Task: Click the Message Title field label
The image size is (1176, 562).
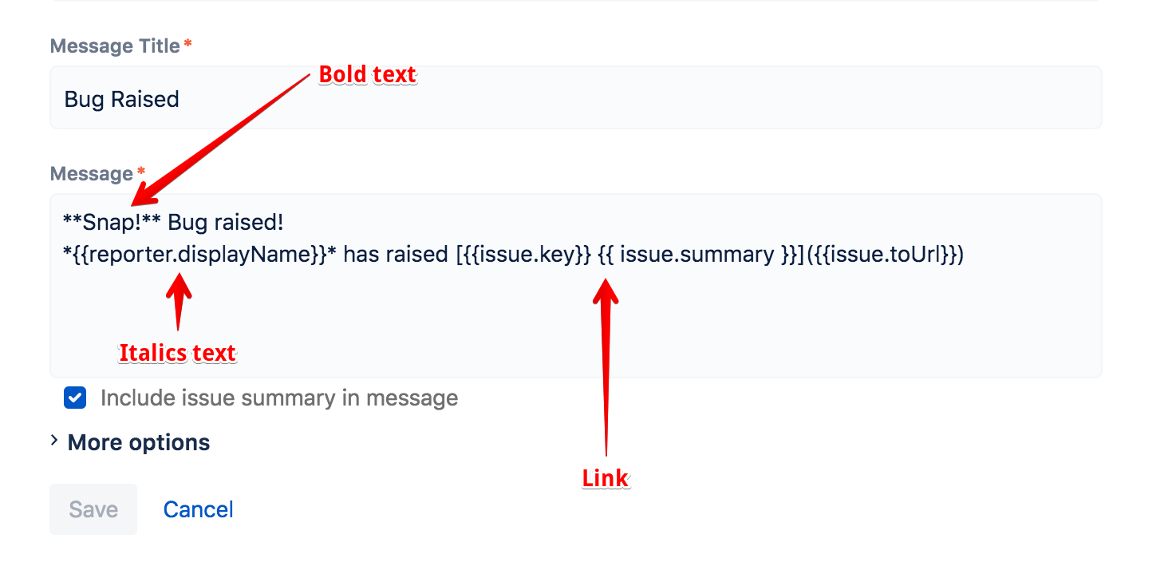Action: (x=115, y=46)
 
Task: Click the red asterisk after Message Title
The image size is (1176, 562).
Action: (x=187, y=44)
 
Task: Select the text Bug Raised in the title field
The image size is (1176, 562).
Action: (x=121, y=99)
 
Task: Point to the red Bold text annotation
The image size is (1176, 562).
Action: (x=368, y=74)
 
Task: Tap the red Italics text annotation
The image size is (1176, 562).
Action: (x=177, y=353)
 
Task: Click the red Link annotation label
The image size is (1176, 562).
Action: (x=606, y=478)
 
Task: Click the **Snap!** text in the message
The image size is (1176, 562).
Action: (x=112, y=222)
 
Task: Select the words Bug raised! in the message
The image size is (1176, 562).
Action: (x=226, y=222)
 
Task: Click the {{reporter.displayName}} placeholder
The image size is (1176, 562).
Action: (x=199, y=255)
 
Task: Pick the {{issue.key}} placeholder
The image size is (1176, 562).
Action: (x=527, y=255)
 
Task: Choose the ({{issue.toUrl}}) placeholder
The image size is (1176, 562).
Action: (x=885, y=255)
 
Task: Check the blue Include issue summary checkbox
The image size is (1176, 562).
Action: (x=75, y=398)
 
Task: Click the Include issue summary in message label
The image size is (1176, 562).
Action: (x=279, y=398)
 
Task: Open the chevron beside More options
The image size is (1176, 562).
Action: (x=54, y=441)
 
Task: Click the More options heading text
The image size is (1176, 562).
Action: (x=139, y=443)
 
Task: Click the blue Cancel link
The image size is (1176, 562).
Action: (x=198, y=509)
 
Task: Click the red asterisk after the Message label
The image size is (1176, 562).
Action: (x=140, y=172)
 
